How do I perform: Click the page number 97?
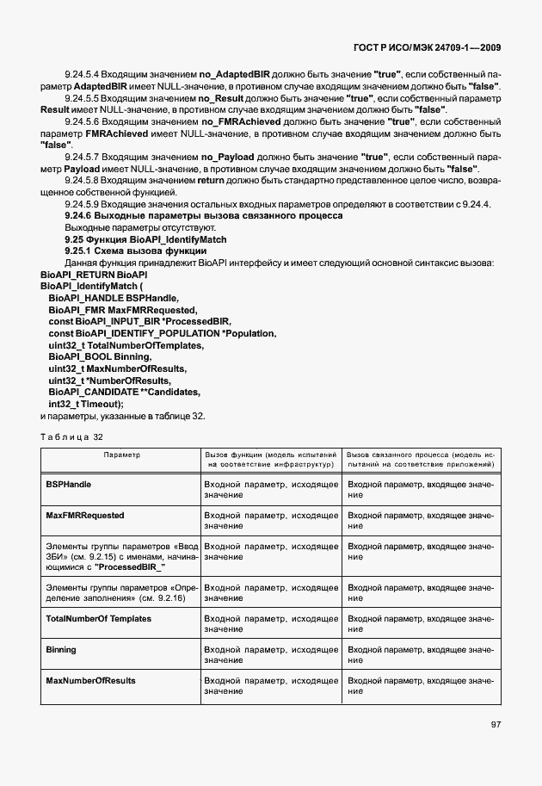click(496, 725)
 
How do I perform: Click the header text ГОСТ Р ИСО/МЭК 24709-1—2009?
click(439, 48)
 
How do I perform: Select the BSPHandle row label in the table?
click(68, 485)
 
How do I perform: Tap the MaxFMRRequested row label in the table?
click(84, 516)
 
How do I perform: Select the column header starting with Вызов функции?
click(270, 458)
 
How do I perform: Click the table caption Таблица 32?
click(71, 436)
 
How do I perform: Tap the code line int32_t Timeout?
click(86, 404)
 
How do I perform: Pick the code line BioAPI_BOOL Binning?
click(100, 356)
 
